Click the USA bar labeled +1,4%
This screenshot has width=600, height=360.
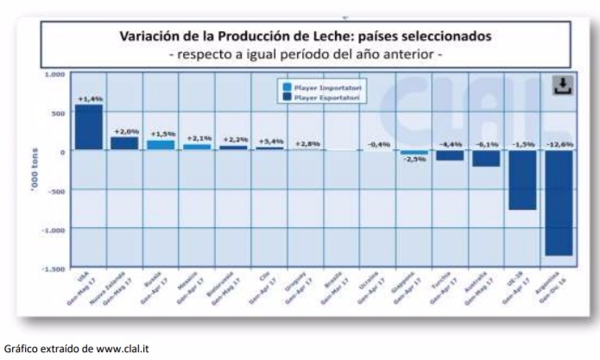pyautogui.click(x=88, y=128)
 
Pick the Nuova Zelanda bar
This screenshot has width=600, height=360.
pyautogui.click(x=124, y=143)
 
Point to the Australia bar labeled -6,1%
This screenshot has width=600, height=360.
pyautogui.click(x=485, y=159)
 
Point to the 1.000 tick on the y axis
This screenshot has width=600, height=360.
pyautogui.click(x=55, y=75)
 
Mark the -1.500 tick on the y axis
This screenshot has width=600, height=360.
pyautogui.click(x=54, y=268)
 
